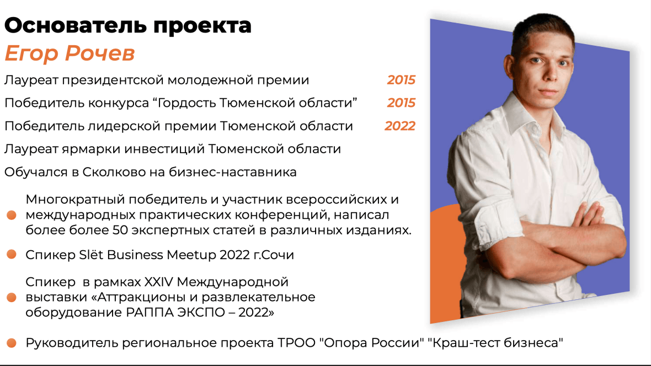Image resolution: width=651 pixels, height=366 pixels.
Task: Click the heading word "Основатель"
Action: tap(76, 25)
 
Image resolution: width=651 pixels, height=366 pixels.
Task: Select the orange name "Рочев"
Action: tap(100, 53)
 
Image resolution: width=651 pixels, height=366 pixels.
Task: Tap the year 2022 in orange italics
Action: tap(400, 126)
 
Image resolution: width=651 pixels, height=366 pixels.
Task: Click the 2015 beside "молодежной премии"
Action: tap(401, 80)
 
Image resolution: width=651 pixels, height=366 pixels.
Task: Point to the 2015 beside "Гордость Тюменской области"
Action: tap(401, 103)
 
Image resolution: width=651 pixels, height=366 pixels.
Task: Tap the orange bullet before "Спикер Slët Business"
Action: tap(12, 254)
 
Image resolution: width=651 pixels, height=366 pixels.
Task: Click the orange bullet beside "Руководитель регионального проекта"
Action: tap(12, 343)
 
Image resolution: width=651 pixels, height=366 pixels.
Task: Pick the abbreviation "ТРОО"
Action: tap(296, 343)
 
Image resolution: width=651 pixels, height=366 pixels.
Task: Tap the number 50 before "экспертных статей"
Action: tap(120, 230)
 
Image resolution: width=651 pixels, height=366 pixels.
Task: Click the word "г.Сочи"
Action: tap(274, 255)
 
